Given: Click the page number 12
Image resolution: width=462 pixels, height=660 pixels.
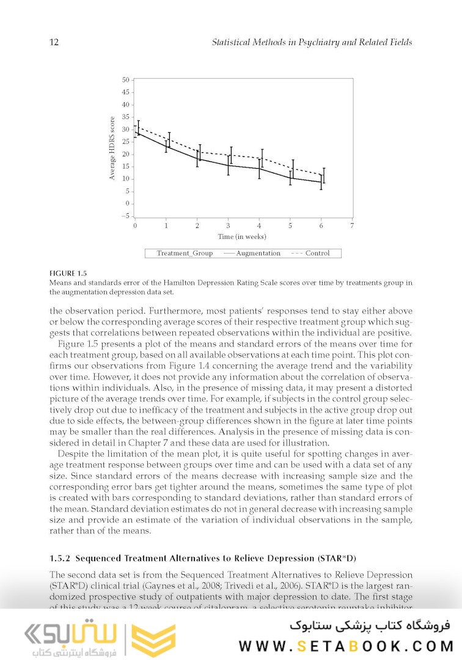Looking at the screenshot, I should point(53,43).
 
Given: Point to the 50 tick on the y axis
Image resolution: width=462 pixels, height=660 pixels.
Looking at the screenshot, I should point(126,79).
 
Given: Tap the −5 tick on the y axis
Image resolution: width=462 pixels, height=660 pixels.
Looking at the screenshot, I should point(125,216).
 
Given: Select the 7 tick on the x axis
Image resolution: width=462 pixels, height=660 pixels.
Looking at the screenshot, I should point(352,226).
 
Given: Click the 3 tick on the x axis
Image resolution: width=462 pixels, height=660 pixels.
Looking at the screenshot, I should point(228,226).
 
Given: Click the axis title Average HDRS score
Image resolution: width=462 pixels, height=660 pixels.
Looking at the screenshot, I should point(112,148).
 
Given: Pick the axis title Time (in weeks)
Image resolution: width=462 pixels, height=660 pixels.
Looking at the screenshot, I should point(242,237).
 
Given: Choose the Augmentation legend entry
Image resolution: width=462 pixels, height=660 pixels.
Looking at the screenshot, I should point(252,253).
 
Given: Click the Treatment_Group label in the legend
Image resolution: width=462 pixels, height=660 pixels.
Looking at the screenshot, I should point(185,253).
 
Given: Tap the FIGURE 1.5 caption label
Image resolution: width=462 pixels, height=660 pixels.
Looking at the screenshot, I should point(68,273).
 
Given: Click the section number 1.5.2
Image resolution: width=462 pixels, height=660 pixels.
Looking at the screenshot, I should point(61,559).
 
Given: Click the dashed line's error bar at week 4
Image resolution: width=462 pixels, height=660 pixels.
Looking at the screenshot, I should point(262,158).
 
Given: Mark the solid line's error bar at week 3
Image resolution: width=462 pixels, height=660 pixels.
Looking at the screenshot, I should point(228,165).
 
